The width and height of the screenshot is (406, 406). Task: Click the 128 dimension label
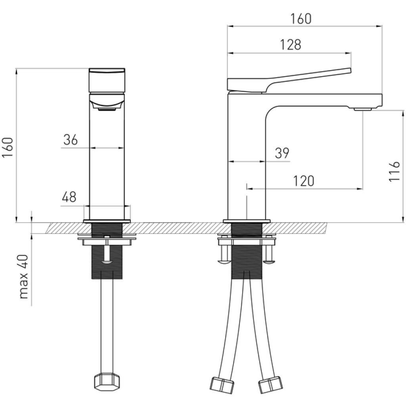[291, 45]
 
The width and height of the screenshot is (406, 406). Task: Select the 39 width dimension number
[282, 153]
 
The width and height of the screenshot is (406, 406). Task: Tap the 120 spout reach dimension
[303, 181]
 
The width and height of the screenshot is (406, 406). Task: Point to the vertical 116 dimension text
[395, 171]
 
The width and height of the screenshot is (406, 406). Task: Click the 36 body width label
[71, 140]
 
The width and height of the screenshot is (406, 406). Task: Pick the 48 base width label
[69, 197]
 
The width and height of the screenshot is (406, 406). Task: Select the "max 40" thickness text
[23, 276]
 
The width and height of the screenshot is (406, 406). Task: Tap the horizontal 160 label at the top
[301, 19]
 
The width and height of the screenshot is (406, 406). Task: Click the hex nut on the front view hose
[107, 382]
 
